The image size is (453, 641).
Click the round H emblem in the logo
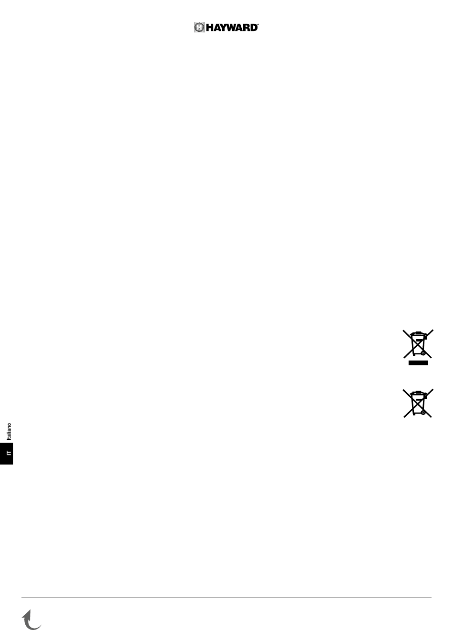[x=199, y=28]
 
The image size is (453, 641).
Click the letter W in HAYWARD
[x=233, y=28]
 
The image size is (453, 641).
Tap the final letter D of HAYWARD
[x=254, y=28]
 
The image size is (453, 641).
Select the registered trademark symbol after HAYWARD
[x=258, y=25]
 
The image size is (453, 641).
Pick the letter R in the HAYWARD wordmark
[x=247, y=28]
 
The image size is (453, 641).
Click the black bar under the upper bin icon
[x=418, y=363]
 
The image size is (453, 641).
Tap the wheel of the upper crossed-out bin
[x=422, y=354]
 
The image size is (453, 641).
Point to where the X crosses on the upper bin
[x=418, y=343]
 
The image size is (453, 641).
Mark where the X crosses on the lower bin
[x=418, y=403]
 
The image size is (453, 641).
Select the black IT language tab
[x=7, y=454]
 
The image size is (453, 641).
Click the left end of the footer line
[x=22, y=598]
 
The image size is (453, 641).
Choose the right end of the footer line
[x=431, y=598]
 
